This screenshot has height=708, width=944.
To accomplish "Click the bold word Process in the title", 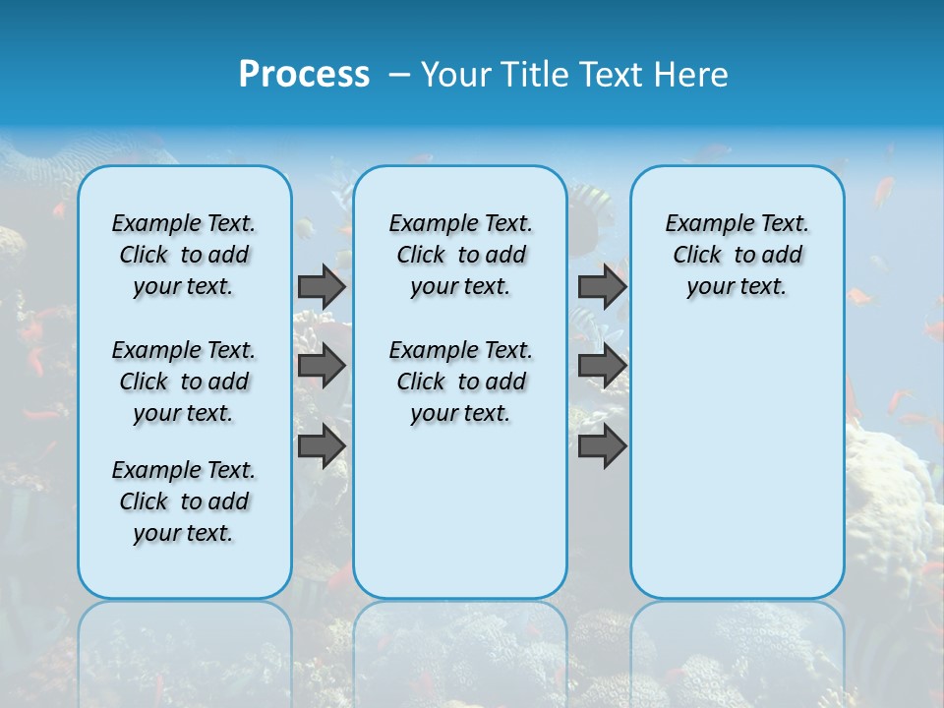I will (304, 75).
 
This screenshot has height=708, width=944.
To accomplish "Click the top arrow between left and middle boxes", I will (322, 286).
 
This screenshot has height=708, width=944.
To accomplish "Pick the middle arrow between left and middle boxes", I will (322, 366).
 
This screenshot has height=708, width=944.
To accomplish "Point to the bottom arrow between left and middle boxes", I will (322, 445).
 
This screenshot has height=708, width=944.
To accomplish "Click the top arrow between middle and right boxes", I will (602, 286).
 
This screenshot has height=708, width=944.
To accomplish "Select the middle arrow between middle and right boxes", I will (602, 366).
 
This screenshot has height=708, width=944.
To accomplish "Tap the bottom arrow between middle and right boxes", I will (602, 445).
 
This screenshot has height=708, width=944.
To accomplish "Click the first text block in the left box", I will (184, 255).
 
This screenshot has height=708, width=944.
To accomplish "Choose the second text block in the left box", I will (184, 382).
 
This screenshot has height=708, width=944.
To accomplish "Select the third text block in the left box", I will (184, 501).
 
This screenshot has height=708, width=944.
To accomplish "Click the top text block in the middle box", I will (461, 255).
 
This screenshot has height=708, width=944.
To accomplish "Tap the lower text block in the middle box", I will (461, 382).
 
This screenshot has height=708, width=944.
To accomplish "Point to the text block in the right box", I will (737, 255).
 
